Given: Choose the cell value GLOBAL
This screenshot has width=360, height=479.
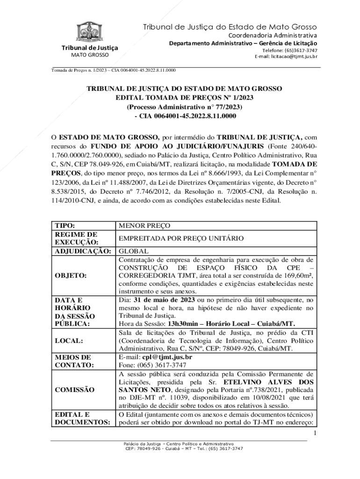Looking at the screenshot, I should [134, 251].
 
